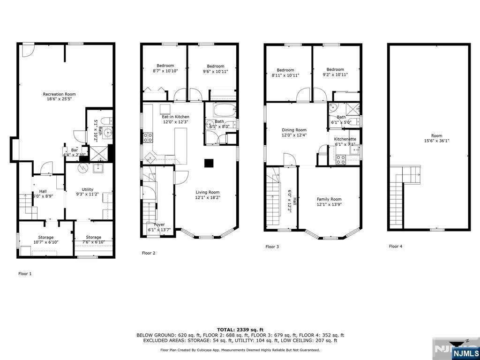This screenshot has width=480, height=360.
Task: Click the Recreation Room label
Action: pos(59,94)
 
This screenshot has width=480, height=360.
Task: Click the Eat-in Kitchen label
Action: pos(175,117)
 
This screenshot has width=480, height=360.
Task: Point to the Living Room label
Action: pos(207,192)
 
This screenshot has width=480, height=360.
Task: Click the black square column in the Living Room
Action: pos(209,163)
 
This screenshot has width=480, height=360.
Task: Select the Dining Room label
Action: pos(294,130)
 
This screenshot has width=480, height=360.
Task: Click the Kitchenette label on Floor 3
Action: pos(345,139)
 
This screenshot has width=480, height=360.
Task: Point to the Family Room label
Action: pos(329,199)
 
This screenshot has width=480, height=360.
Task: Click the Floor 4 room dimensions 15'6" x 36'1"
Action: pos(436,141)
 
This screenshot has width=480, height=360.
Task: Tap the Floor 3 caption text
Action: pos(272,247)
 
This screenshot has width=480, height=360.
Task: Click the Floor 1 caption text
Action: pos(25,273)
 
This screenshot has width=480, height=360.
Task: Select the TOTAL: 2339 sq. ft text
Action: pos(240,330)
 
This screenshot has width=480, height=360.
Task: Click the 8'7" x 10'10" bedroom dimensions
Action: pos(165,71)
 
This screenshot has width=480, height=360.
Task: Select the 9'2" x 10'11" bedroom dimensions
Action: pos(335,75)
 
